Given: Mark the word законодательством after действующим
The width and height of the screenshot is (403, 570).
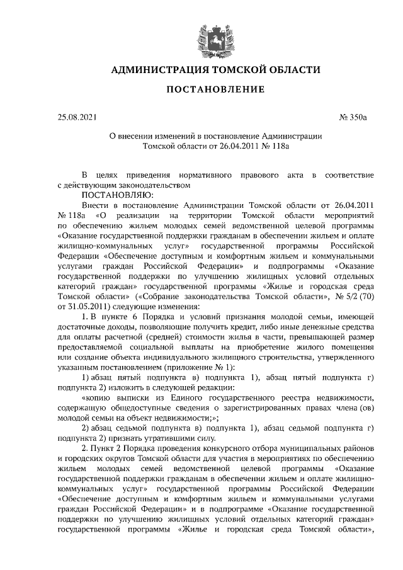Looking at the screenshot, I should tap(153, 185).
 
